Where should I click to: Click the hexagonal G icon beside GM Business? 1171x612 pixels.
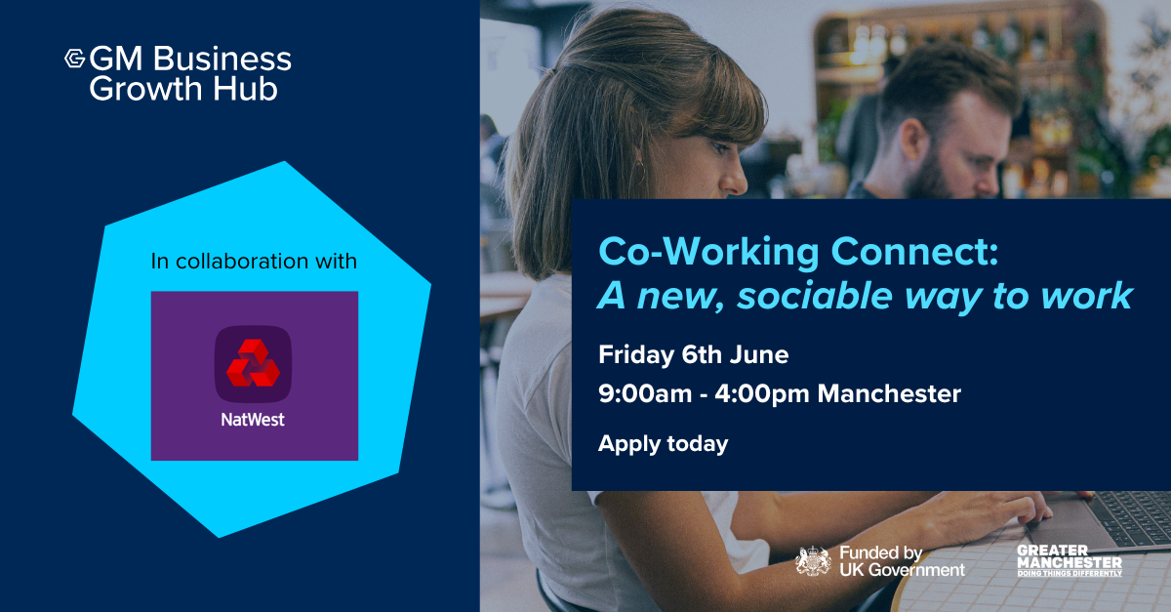point(75,59)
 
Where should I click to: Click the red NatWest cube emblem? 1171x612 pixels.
point(253,363)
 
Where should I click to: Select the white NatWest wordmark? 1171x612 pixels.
point(253,420)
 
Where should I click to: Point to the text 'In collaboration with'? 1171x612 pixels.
point(254,261)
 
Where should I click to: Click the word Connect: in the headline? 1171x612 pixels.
point(914,252)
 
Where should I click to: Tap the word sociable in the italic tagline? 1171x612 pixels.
point(815,296)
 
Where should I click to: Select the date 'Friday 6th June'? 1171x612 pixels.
point(693,354)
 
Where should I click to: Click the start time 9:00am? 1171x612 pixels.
point(645,393)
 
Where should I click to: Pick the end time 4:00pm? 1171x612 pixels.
point(762,393)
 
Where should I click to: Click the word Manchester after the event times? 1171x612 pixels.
point(889,393)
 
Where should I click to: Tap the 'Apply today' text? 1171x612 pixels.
point(663,444)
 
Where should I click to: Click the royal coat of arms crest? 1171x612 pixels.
point(813,560)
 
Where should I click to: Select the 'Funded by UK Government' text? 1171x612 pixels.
point(902,561)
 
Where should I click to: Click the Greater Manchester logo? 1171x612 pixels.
point(1070,560)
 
